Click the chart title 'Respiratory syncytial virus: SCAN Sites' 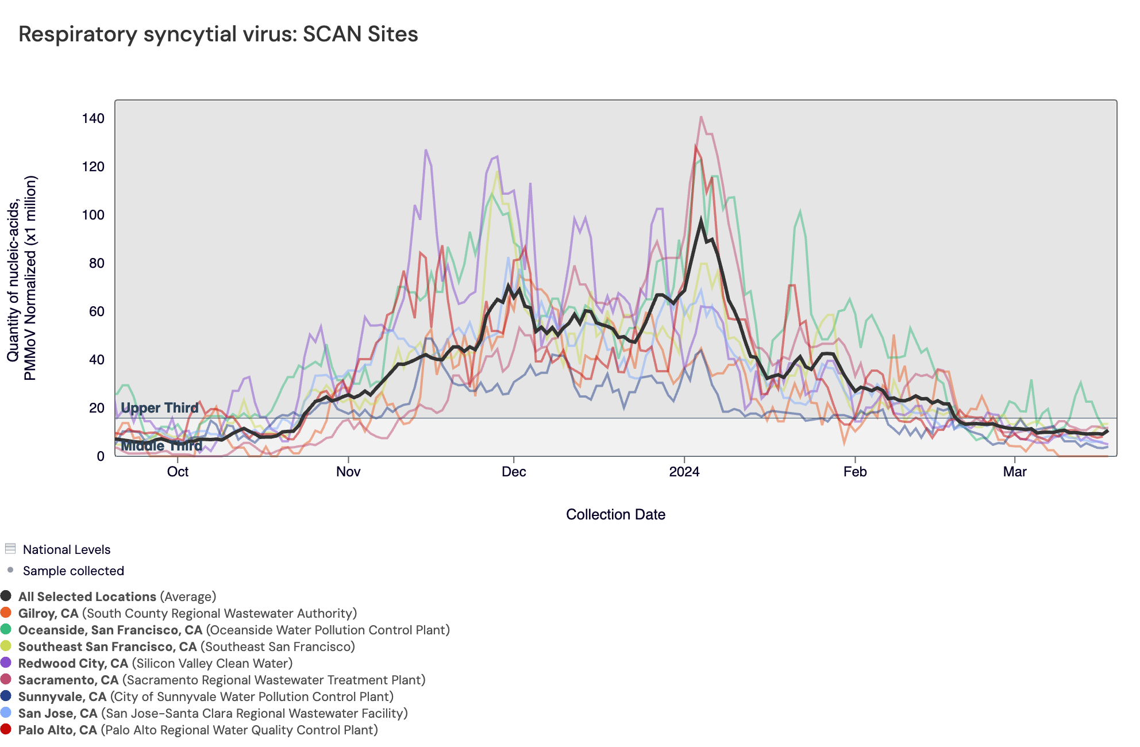pyautogui.click(x=218, y=34)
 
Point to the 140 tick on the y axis pyautogui.click(x=93, y=118)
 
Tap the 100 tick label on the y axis pyautogui.click(x=93, y=215)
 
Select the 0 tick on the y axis pyautogui.click(x=101, y=456)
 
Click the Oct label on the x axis pyautogui.click(x=178, y=472)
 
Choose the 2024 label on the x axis pyautogui.click(x=684, y=472)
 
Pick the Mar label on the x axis pyautogui.click(x=1015, y=472)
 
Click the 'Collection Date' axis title pyautogui.click(x=615, y=514)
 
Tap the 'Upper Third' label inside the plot pyautogui.click(x=159, y=408)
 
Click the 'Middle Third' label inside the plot pyautogui.click(x=161, y=446)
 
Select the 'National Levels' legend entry pyautogui.click(x=66, y=549)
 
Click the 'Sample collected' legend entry pyautogui.click(x=73, y=571)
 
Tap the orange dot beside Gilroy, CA pyautogui.click(x=6, y=613)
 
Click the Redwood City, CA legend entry pyautogui.click(x=73, y=663)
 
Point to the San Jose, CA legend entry pyautogui.click(x=57, y=713)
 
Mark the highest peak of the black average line pyautogui.click(x=701, y=219)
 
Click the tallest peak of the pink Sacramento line pyautogui.click(x=701, y=117)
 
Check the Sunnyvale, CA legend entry pyautogui.click(x=62, y=696)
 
